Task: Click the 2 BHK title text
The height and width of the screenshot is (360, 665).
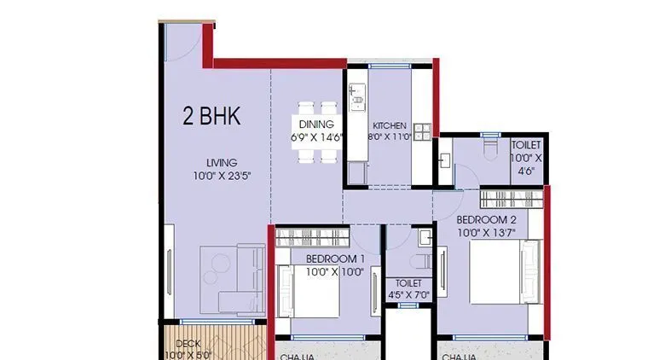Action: pos(211,117)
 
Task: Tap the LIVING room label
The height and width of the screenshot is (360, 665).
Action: pos(221,162)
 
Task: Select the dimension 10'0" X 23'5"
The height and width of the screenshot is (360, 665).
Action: pos(221,176)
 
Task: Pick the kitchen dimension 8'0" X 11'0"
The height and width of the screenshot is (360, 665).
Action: pos(390,136)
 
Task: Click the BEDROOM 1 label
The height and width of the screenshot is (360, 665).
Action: pos(335,259)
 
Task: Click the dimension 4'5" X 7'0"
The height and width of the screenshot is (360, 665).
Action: pos(409,296)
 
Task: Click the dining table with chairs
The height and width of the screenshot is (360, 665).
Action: pos(317,132)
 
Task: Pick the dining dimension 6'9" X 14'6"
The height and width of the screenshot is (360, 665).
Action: pos(315,136)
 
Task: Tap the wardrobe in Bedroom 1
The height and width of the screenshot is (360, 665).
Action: pos(313,236)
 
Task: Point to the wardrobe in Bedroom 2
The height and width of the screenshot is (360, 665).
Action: pos(510,198)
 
